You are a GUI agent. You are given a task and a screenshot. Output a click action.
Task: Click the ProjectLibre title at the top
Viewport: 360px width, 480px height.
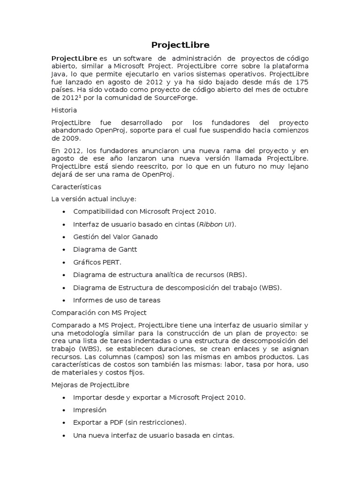[x=180, y=45]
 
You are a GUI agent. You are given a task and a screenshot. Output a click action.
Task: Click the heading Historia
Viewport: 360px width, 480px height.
[x=64, y=110]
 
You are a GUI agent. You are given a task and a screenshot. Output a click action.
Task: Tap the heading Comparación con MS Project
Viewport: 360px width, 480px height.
[x=99, y=313]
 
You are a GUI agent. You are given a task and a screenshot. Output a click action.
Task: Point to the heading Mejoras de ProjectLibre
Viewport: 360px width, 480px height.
[x=90, y=385]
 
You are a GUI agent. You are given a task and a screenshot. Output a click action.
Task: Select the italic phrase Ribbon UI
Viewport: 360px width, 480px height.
[x=216, y=225]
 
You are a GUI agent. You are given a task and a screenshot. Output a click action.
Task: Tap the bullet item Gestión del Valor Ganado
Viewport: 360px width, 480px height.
[x=115, y=237]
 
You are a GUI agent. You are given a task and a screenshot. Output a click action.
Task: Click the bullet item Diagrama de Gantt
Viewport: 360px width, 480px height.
[x=105, y=249]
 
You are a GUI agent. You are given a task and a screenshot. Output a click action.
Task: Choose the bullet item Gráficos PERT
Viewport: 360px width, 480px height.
[x=97, y=262]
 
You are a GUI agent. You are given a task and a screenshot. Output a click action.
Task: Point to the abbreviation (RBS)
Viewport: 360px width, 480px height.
[x=237, y=275]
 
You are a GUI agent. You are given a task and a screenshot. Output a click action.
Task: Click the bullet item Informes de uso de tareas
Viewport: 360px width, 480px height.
[x=117, y=300]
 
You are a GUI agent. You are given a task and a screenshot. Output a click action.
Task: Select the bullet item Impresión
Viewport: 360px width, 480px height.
[x=90, y=410]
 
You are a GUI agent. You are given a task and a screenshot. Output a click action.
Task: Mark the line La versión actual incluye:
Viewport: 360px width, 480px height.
[x=94, y=199]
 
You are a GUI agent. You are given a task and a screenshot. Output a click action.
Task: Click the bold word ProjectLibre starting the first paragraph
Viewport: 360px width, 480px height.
[x=71, y=58]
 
